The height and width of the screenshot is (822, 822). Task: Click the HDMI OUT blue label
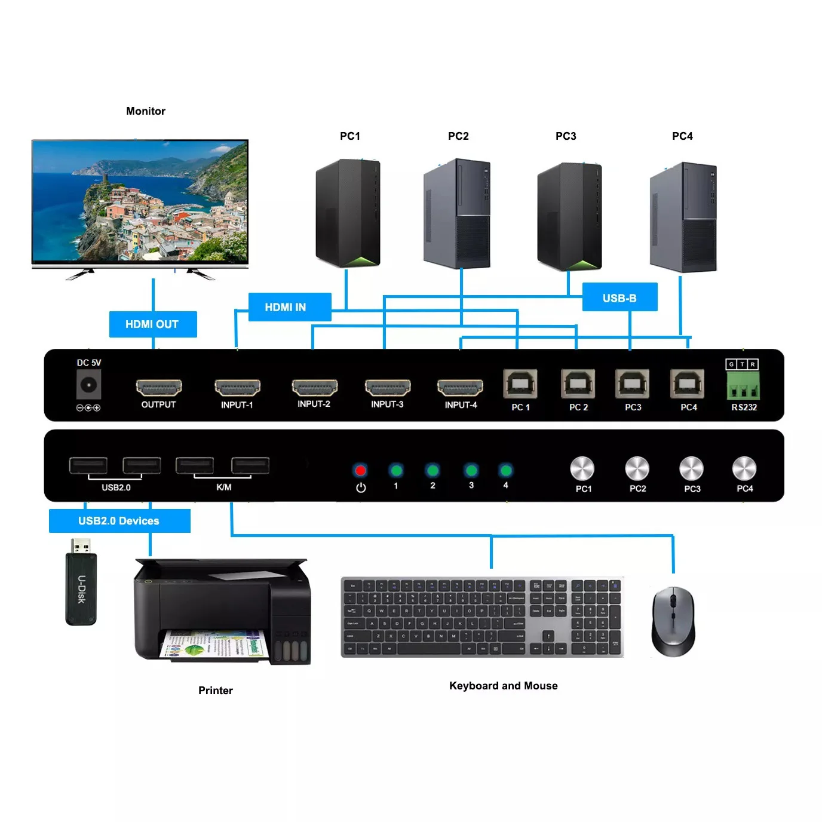pos(152,324)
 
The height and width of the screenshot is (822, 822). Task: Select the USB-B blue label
pos(619,297)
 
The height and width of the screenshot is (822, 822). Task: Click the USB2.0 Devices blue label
pos(119,520)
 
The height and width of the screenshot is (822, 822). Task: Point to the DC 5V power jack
pos(88,385)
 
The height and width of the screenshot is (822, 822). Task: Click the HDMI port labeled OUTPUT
pos(158,388)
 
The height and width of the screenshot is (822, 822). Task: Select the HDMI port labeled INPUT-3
pos(387,388)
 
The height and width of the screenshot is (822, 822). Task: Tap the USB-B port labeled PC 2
pos(578,384)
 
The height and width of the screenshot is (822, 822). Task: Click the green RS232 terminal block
pos(743,386)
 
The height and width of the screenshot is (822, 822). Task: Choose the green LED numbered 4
pos(505,470)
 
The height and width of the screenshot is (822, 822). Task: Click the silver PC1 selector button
pos(582,469)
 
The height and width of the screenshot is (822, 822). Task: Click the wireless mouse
pos(673,621)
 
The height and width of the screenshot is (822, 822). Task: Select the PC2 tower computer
pos(457,213)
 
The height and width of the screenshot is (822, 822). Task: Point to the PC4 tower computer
pos(683,216)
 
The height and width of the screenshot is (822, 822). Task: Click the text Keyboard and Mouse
pos(503,686)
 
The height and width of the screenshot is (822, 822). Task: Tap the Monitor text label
pos(146,111)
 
